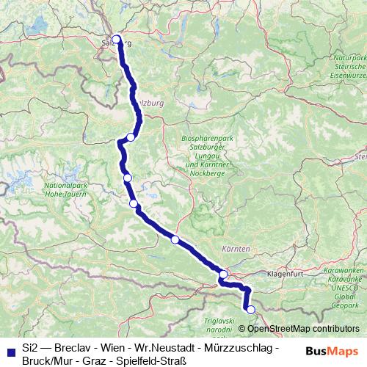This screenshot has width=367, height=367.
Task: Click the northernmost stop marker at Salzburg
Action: pyautogui.click(x=115, y=40)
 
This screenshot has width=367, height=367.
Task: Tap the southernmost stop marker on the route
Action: pyautogui.click(x=250, y=310)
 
